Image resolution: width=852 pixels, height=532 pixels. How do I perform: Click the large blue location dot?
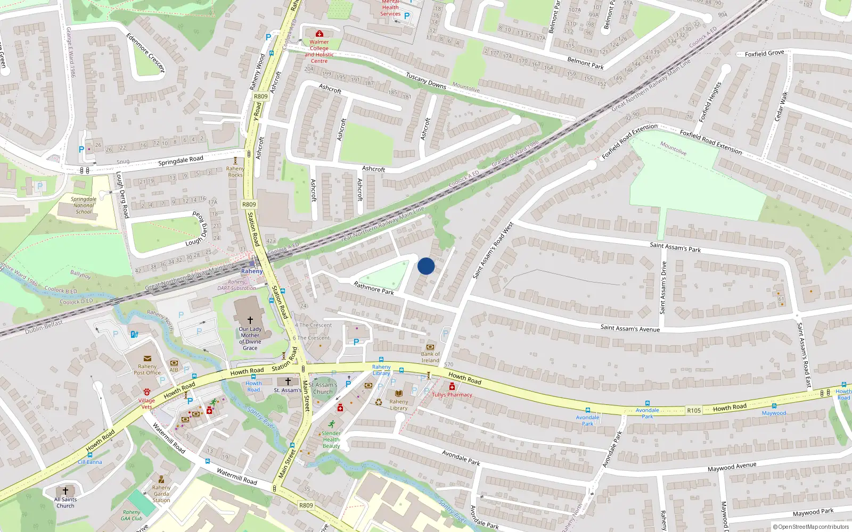point(426,266)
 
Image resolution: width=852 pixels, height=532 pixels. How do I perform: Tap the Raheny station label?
point(252,271)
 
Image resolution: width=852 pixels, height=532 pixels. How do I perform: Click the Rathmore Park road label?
point(374,288)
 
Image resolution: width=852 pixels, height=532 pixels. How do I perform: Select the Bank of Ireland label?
point(430,357)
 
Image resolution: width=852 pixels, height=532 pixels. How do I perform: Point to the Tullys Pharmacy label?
point(452,395)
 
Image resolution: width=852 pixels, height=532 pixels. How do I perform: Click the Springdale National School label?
point(84,205)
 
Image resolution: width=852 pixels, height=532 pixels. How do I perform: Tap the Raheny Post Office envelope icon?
point(148,359)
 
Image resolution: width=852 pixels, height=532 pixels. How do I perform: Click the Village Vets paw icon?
point(146,392)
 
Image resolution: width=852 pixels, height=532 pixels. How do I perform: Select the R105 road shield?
point(694,410)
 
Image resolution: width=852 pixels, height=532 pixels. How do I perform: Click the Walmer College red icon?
point(319,34)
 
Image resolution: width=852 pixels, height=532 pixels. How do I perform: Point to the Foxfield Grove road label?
point(764,53)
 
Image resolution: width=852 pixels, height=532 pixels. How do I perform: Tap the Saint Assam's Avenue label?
point(630,328)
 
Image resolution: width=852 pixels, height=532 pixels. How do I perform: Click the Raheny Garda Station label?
point(161,494)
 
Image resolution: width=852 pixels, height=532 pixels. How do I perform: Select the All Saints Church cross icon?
point(65,491)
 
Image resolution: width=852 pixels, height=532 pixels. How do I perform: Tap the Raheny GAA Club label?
point(132,515)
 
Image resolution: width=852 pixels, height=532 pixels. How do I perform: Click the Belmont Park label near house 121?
point(585,63)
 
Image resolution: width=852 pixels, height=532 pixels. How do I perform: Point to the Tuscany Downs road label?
point(426,81)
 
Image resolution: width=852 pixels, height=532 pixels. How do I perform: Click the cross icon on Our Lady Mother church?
point(250,320)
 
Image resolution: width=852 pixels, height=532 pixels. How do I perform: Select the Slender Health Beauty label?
point(331,439)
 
